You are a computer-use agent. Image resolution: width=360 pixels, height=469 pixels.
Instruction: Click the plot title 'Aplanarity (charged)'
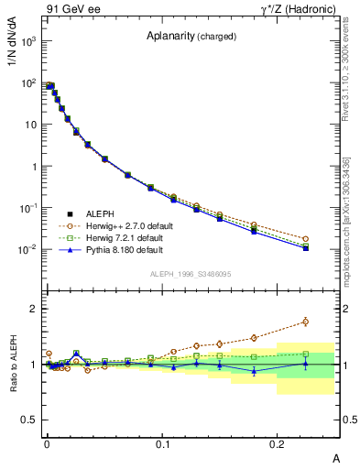[x=191, y=37]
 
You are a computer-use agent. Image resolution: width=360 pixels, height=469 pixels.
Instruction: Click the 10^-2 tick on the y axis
[x=29, y=249]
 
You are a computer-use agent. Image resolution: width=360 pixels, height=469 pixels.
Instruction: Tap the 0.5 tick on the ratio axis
[x=28, y=420]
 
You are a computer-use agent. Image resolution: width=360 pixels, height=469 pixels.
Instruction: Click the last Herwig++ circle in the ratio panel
[x=306, y=322]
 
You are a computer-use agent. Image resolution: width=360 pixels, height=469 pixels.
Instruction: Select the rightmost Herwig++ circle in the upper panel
[x=306, y=239]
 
